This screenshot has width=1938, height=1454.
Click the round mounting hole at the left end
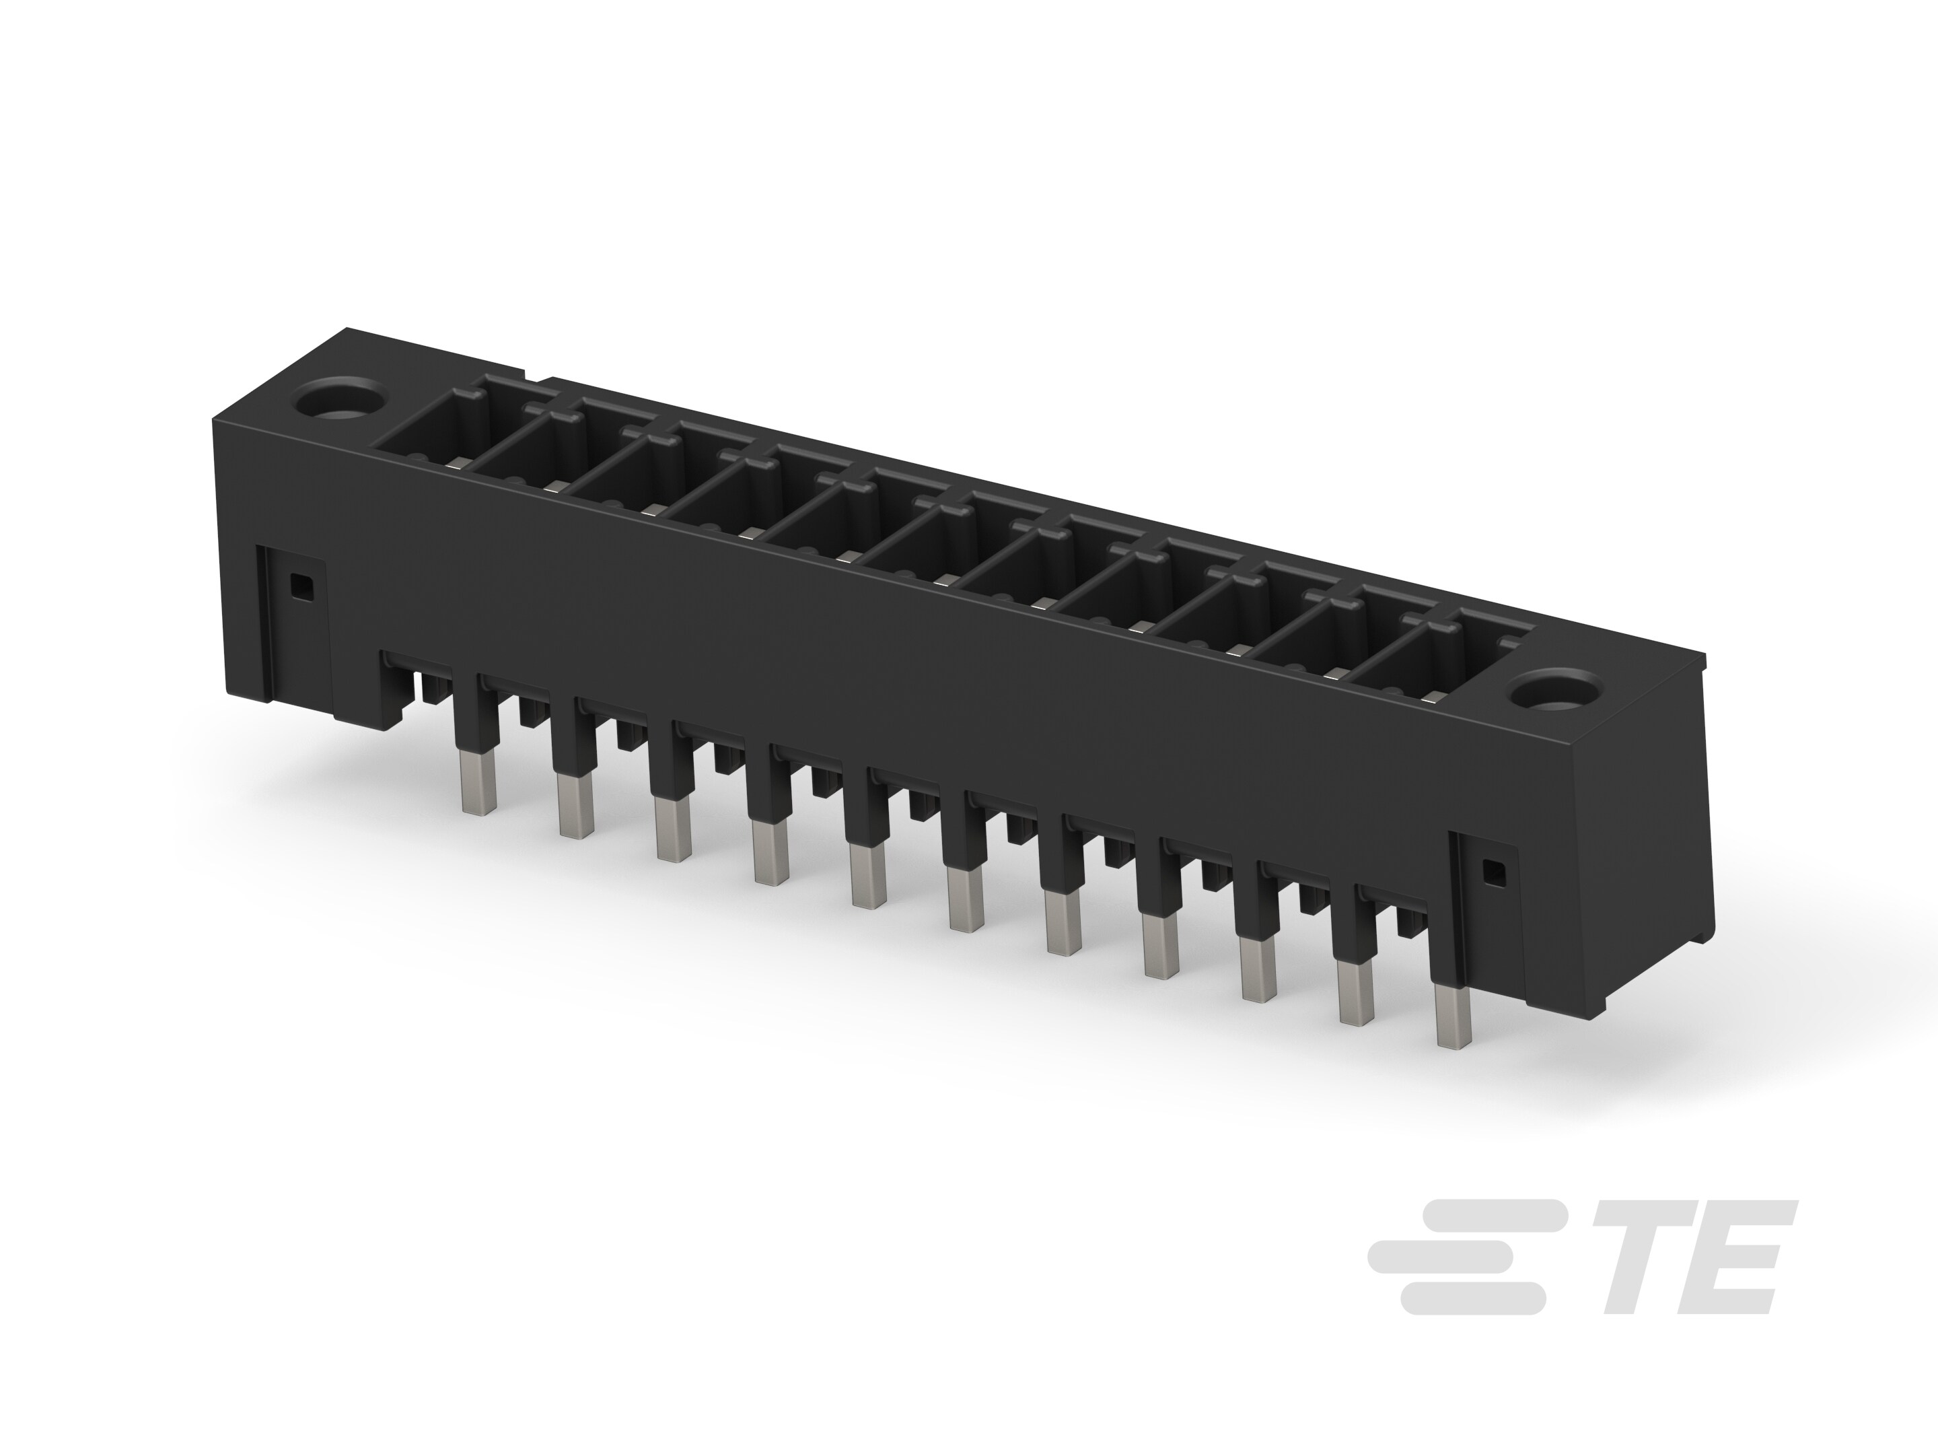click(x=339, y=403)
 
